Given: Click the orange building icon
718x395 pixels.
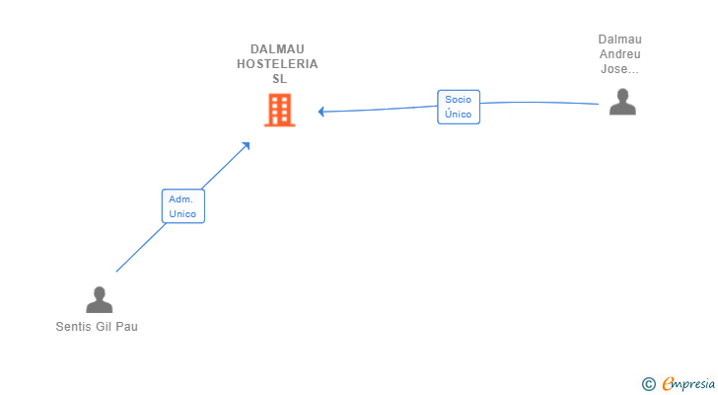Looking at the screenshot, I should [x=279, y=110].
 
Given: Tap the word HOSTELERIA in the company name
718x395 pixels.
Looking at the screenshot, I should [x=277, y=64].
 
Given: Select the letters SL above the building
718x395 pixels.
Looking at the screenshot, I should [x=278, y=79].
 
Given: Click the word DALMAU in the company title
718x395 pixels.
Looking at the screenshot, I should [x=277, y=49].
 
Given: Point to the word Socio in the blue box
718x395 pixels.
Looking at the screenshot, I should [x=458, y=99].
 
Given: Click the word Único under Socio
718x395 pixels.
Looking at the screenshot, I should [x=458, y=115].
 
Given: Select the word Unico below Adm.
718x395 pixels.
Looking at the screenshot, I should [x=182, y=214].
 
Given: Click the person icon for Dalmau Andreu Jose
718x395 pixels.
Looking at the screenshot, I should [x=622, y=102].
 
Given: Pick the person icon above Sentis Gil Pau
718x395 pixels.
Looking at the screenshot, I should [x=99, y=299].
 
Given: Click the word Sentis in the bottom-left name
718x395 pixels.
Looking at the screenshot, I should [x=72, y=327].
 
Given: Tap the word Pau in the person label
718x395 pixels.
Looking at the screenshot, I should [x=127, y=327].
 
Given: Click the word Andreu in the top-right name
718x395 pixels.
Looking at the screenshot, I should [x=619, y=54].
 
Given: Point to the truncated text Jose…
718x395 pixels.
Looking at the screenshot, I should [x=619, y=69].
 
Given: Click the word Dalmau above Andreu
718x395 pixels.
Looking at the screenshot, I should [x=619, y=39].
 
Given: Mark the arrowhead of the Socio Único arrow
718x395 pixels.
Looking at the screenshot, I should [x=322, y=112].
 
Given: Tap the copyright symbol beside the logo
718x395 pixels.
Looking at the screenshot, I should [x=648, y=384].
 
